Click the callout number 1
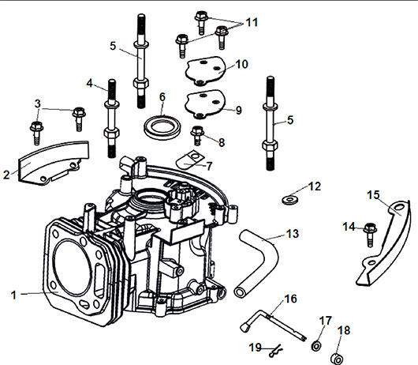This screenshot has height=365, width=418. click(x=13, y=295)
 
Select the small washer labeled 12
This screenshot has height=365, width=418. click(x=289, y=200)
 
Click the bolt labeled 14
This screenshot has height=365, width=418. click(x=370, y=235)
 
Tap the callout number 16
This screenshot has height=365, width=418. click(x=290, y=299)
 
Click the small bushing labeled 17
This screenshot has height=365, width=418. click(x=316, y=346)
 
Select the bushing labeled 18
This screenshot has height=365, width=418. click(x=337, y=359)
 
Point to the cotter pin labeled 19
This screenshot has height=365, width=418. click(x=276, y=351)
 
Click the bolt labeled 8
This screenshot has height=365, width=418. click(x=197, y=135)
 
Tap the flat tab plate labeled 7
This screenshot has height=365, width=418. click(x=188, y=160)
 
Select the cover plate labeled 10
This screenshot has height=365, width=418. click(x=205, y=71)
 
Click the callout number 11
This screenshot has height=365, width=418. click(x=252, y=22)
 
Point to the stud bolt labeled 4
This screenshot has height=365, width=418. click(x=112, y=119)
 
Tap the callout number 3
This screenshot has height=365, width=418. click(x=38, y=103)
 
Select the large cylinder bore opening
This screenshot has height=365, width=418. click(x=72, y=268)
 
